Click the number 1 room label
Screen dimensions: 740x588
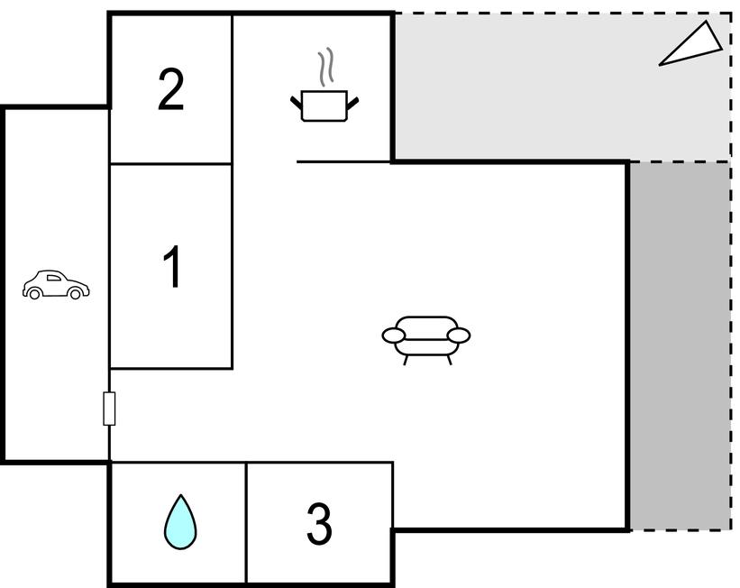(172, 266)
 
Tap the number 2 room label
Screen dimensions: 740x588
(171, 89)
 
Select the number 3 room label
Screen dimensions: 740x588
(319, 523)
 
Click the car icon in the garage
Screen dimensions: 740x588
(56, 284)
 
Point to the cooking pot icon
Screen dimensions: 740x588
(324, 106)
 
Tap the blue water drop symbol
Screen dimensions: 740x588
(180, 522)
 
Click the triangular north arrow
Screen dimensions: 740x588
(691, 44)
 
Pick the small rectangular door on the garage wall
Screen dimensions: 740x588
(109, 408)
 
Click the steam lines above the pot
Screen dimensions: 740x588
(325, 67)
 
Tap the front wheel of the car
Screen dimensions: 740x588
(75, 294)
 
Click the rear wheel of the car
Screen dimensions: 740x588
(34, 294)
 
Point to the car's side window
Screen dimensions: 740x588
(54, 278)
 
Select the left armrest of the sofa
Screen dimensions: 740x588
(394, 335)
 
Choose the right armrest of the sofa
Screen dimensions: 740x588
(458, 335)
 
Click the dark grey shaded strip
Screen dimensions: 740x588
(681, 345)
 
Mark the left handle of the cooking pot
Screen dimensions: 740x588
(297, 103)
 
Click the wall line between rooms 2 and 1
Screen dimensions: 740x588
(171, 164)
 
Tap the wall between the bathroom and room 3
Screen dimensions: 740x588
(246, 523)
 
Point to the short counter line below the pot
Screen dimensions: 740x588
(343, 162)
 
